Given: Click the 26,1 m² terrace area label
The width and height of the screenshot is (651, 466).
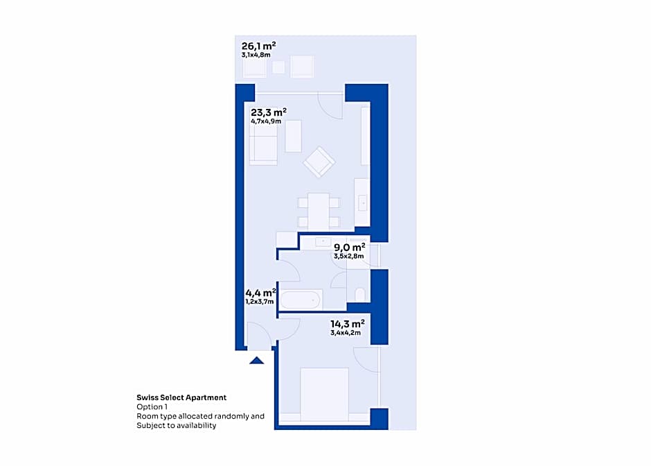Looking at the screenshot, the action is (x=258, y=46).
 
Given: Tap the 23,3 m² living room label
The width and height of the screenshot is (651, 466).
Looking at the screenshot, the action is (x=269, y=112).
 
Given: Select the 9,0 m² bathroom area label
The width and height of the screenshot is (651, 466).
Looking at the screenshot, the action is (x=350, y=248).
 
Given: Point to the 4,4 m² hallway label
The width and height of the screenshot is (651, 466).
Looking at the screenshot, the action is (x=260, y=293).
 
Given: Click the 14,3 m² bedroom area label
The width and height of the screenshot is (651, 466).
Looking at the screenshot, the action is (x=348, y=323).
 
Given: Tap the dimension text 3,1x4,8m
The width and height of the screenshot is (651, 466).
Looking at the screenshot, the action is (x=256, y=55).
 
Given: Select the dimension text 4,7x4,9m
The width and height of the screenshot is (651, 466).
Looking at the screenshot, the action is (x=266, y=121).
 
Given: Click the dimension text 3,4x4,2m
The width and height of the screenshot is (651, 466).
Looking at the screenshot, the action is (x=346, y=333).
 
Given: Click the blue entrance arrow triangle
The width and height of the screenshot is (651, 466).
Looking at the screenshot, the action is (x=256, y=361).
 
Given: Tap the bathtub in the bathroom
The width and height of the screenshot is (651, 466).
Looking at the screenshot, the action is (x=301, y=300).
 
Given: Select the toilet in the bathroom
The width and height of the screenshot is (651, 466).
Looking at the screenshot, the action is (x=360, y=295).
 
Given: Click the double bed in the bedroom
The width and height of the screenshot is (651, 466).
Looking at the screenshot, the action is (x=324, y=395).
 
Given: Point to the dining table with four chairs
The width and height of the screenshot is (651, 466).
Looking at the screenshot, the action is (x=319, y=211).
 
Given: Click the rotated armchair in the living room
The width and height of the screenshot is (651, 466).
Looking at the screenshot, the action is (x=319, y=162).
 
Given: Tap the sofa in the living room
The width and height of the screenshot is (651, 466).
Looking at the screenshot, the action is (x=263, y=144).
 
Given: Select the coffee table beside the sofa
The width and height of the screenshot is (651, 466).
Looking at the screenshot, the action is (x=294, y=136).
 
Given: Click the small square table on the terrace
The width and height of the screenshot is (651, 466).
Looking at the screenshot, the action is (x=278, y=67).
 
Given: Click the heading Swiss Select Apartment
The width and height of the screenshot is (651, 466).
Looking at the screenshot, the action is (x=181, y=397).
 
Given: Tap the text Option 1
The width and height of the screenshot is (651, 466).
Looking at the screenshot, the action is (x=152, y=406).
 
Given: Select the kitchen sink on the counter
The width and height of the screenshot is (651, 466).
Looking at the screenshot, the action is (x=362, y=203).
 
